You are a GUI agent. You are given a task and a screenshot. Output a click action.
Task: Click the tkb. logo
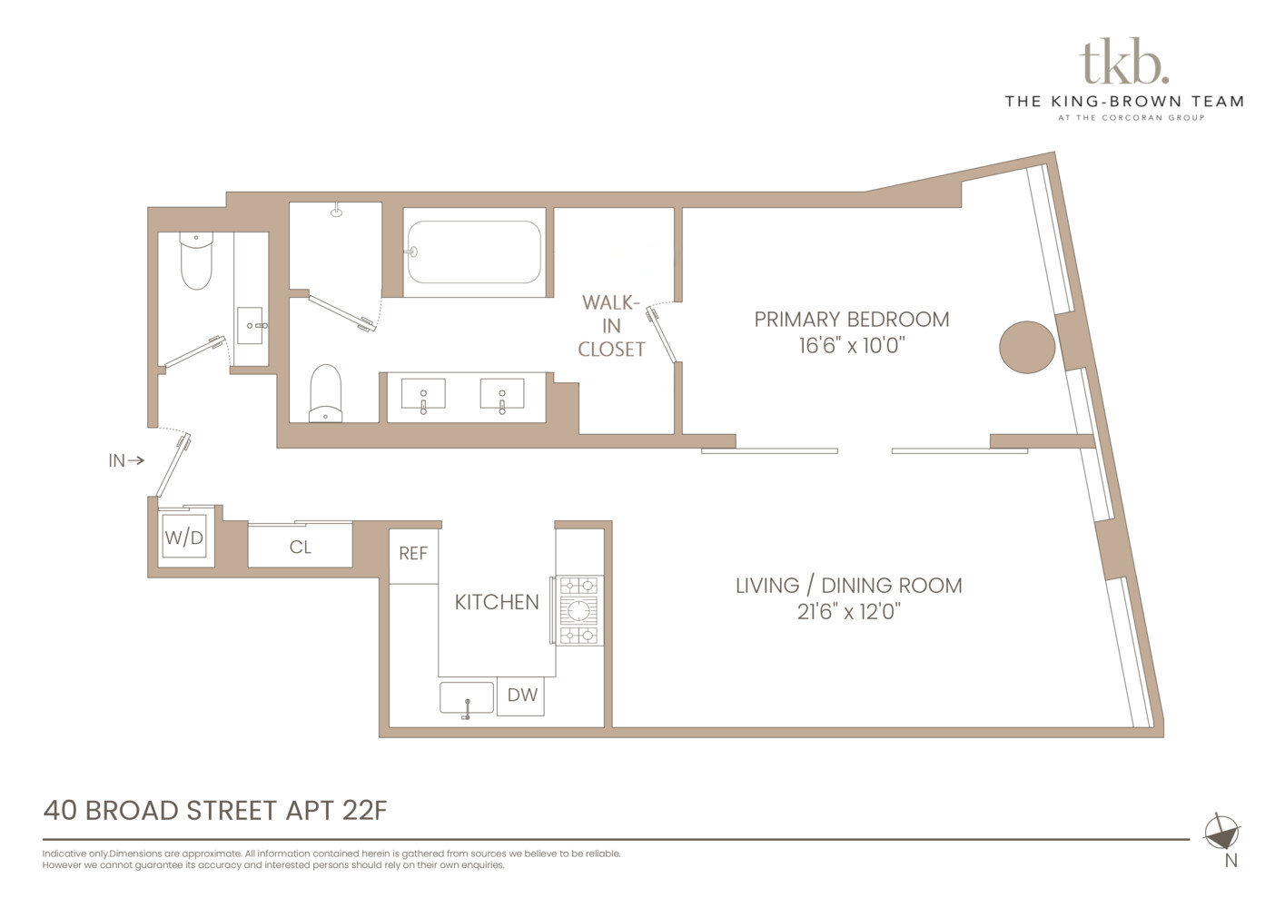click(1123, 62)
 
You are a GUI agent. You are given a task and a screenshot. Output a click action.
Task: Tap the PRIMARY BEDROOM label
click(851, 320)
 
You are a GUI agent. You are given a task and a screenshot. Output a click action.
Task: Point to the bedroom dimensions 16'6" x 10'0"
click(851, 346)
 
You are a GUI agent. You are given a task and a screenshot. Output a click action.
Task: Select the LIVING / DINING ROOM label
click(848, 586)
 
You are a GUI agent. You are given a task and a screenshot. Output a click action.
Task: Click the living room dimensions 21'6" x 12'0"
click(848, 612)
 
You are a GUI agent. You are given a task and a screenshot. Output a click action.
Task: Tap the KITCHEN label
click(496, 602)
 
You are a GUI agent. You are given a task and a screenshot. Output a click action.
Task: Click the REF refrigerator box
click(413, 554)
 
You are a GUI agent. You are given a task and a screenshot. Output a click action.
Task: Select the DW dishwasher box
click(521, 696)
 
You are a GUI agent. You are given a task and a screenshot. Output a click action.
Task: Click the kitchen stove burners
click(578, 609)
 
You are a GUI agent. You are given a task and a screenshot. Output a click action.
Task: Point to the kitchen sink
click(467, 698)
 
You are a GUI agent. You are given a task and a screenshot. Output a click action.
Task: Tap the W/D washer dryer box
click(184, 538)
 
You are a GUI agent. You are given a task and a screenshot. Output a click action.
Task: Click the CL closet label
click(300, 548)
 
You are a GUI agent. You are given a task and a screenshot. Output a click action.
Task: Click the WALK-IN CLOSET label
click(611, 325)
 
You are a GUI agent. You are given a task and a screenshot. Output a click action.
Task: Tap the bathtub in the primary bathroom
click(473, 252)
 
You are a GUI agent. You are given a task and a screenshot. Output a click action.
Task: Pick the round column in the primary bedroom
click(1027, 347)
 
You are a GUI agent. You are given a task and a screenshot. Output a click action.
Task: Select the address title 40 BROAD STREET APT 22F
click(215, 810)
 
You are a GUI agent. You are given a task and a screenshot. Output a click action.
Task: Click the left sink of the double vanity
click(423, 395)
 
